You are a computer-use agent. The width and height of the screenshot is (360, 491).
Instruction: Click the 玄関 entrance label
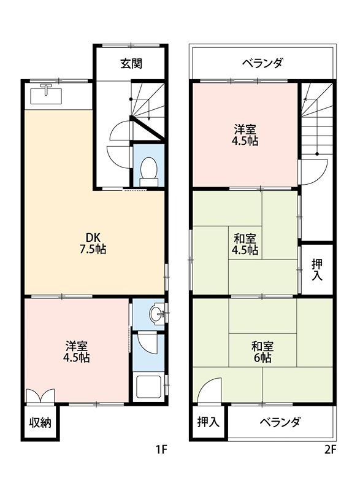[x=131, y=64]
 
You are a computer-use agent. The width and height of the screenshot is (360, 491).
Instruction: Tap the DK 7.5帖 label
[x=93, y=243]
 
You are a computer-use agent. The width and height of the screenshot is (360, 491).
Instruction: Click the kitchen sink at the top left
[x=46, y=94]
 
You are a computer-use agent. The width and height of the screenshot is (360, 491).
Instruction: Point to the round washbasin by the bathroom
[x=157, y=314]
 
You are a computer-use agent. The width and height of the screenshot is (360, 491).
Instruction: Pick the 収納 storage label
[x=40, y=423]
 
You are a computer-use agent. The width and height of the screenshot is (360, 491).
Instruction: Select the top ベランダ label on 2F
[x=262, y=64]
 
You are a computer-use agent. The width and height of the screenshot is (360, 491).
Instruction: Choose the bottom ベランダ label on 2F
[x=280, y=422]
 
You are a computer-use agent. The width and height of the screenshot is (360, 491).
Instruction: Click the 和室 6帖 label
[x=262, y=352]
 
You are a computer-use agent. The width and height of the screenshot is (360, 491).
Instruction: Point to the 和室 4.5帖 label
[x=245, y=244]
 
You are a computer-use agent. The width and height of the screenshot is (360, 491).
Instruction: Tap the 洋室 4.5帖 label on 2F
[x=245, y=135]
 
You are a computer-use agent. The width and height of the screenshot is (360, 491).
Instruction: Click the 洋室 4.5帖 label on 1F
[x=77, y=352]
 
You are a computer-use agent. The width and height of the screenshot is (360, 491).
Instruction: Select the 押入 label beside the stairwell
[x=317, y=270]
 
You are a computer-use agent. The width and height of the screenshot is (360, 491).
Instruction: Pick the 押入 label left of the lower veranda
[x=209, y=422]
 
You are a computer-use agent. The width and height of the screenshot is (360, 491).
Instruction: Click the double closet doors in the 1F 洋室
[x=40, y=396]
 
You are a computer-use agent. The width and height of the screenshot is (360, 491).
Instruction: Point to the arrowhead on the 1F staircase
[x=149, y=118]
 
